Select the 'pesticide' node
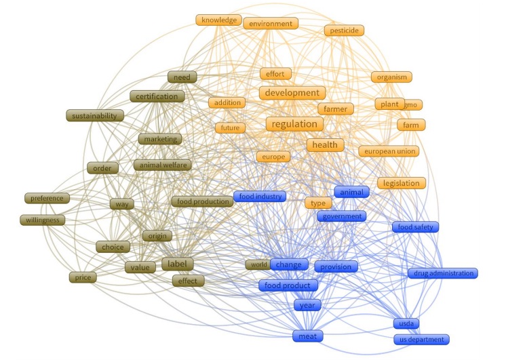[345, 31]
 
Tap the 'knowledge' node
[219, 20]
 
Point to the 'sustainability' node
[96, 115]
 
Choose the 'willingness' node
[43, 220]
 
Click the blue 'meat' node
[307, 336]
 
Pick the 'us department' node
[421, 339]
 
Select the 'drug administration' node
[442, 273]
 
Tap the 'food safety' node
[415, 227]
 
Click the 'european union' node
[389, 151]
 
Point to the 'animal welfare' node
[162, 165]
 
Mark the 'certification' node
[157, 96]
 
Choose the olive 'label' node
[178, 264]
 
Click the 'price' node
[82, 277]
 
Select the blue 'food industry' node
[260, 197]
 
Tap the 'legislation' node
[402, 183]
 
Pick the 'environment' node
[271, 24]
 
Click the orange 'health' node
[325, 144]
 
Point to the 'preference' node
[46, 199]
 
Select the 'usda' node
[407, 323]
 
